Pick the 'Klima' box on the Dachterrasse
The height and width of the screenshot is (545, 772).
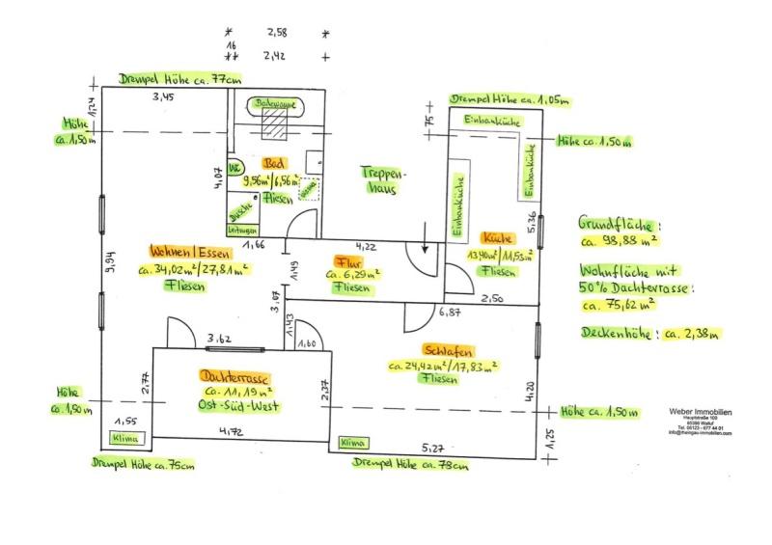(126, 438)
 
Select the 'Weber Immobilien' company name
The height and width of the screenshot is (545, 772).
(700, 411)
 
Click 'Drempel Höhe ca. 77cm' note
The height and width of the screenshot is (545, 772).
(180, 80)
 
